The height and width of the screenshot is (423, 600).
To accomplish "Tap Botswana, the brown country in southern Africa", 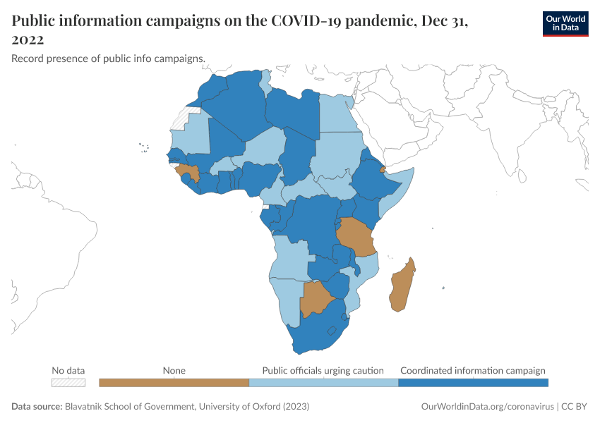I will click(316, 298).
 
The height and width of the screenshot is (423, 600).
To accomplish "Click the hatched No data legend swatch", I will click(68, 383).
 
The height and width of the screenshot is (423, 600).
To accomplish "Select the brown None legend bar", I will click(174, 383).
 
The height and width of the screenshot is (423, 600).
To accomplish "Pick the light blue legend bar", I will click(323, 383).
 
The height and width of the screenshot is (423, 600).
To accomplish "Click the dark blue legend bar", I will click(473, 383).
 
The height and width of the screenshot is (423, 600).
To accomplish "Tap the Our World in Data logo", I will click(565, 23).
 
